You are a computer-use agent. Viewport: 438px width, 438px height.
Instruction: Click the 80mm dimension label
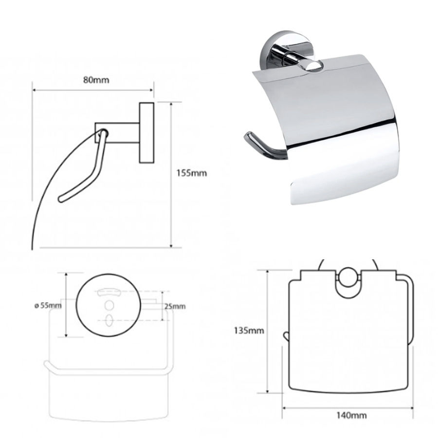[x=96, y=80]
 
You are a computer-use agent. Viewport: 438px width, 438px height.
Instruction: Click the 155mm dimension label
[x=192, y=173]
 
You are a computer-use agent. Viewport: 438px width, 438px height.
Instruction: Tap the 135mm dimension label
[x=249, y=331]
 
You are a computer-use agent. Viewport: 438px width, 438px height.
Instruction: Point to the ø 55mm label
[x=48, y=305]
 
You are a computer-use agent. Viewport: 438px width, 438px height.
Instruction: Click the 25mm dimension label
[x=175, y=306]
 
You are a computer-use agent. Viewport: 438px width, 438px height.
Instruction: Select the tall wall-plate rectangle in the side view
[x=146, y=133]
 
